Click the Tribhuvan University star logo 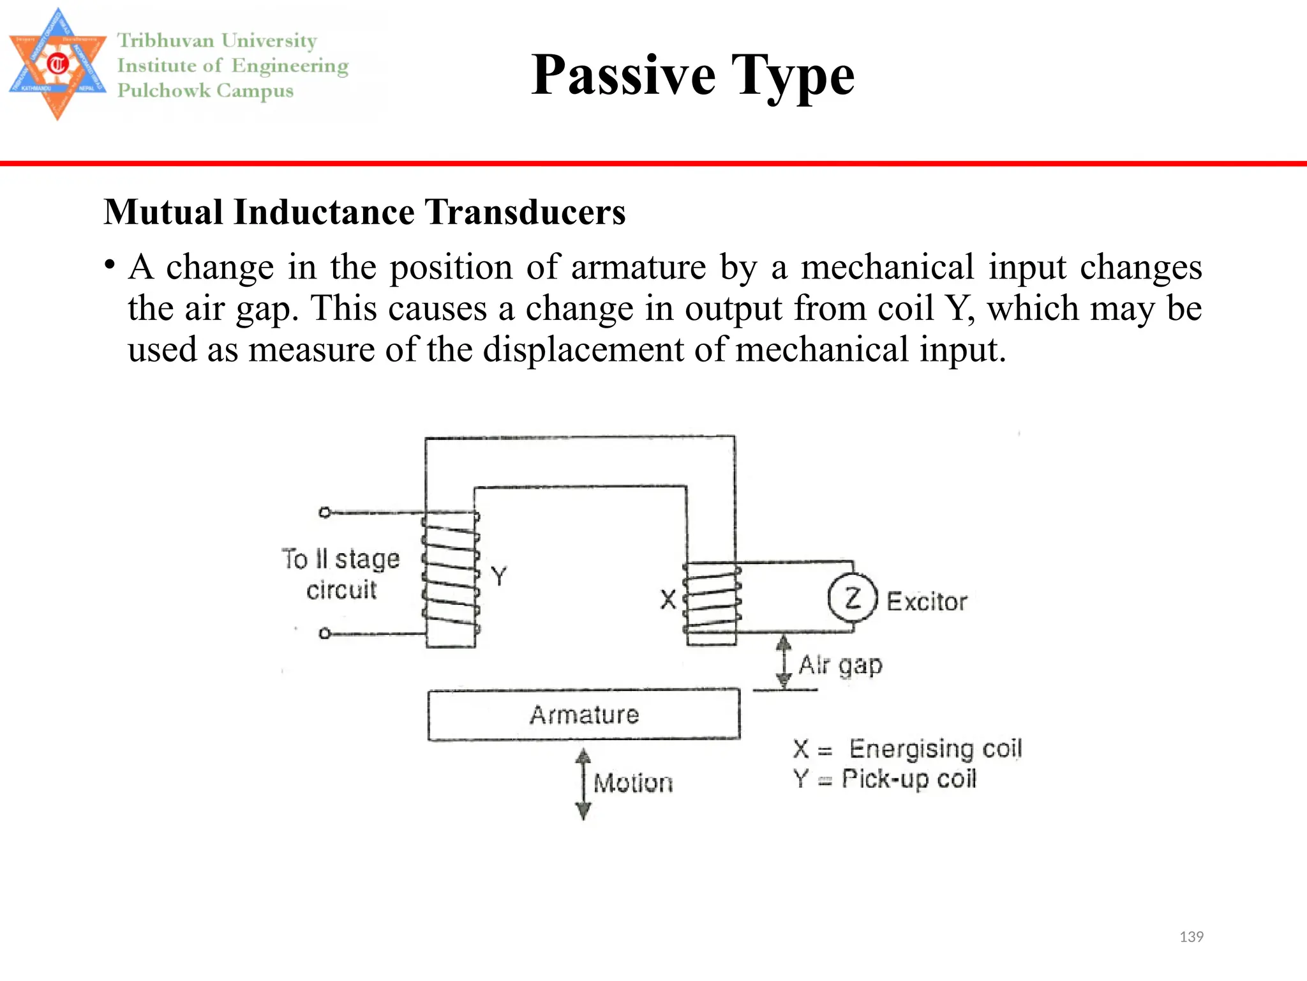tap(57, 64)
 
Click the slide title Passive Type tap(692, 75)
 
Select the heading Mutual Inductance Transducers tap(364, 212)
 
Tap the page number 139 tap(1191, 937)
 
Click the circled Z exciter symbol tap(852, 598)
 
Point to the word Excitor tap(927, 602)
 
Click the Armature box tap(584, 715)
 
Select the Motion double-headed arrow tap(583, 784)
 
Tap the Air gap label tap(840, 665)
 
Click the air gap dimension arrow tap(784, 662)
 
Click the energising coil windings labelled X tap(712, 599)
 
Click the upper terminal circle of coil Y tap(325, 512)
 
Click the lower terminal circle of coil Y tap(325, 634)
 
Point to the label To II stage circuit tap(341, 574)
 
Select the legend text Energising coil tap(936, 749)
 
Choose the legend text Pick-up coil tap(909, 779)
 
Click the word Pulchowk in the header tap(163, 91)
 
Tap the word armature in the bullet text tap(638, 267)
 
